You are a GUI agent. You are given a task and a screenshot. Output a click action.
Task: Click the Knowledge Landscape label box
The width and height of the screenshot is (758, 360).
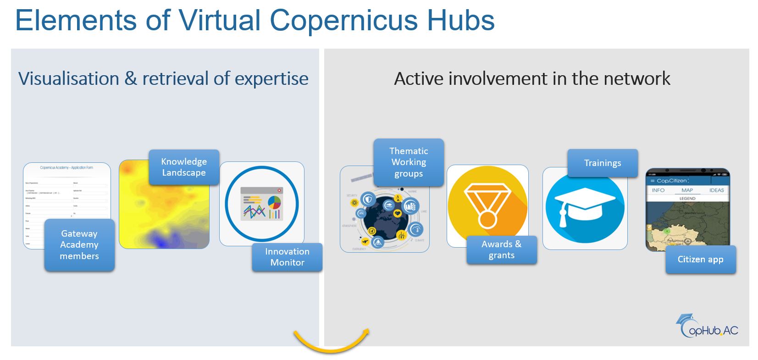(x=184, y=167)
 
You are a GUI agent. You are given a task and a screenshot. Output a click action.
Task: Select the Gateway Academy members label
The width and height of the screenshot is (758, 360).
(x=79, y=245)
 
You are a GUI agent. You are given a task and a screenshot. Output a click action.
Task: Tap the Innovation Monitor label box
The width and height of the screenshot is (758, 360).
(x=287, y=257)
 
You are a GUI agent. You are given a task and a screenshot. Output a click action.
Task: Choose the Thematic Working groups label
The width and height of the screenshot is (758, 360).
(x=409, y=162)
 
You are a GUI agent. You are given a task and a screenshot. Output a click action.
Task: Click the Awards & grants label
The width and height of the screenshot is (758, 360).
(x=501, y=250)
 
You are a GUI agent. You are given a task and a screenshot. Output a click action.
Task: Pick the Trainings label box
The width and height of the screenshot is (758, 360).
(x=603, y=163)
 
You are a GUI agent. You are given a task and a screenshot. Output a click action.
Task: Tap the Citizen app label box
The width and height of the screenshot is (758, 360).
(x=700, y=260)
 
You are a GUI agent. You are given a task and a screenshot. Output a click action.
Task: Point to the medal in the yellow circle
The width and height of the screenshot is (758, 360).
(x=487, y=205)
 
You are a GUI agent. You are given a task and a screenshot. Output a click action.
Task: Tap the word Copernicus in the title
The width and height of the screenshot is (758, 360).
(x=343, y=21)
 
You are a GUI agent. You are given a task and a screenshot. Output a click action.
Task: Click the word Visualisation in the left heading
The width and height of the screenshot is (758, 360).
(x=68, y=79)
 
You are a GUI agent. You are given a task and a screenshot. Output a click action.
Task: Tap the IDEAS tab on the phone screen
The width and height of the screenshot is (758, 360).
(x=716, y=190)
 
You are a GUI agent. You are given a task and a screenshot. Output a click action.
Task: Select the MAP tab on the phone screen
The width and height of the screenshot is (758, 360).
(x=687, y=190)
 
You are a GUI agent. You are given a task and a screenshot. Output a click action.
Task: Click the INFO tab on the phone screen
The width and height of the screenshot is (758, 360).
(x=658, y=190)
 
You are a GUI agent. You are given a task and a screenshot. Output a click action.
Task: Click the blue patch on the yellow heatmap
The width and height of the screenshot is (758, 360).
(x=160, y=239)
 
